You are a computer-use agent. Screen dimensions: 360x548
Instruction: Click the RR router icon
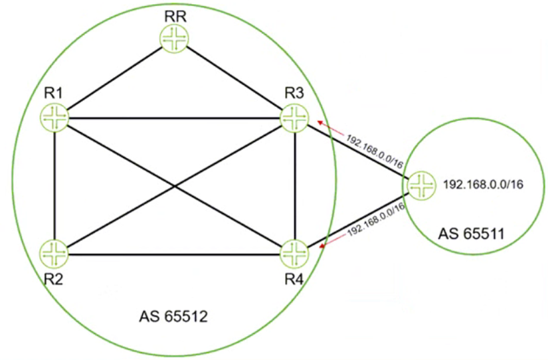tap(175, 39)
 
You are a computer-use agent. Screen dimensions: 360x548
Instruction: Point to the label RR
tap(175, 15)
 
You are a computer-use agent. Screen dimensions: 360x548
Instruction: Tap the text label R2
tap(54, 278)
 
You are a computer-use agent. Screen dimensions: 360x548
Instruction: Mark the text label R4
tap(294, 278)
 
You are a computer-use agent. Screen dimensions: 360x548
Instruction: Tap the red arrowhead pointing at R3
tap(320, 122)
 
